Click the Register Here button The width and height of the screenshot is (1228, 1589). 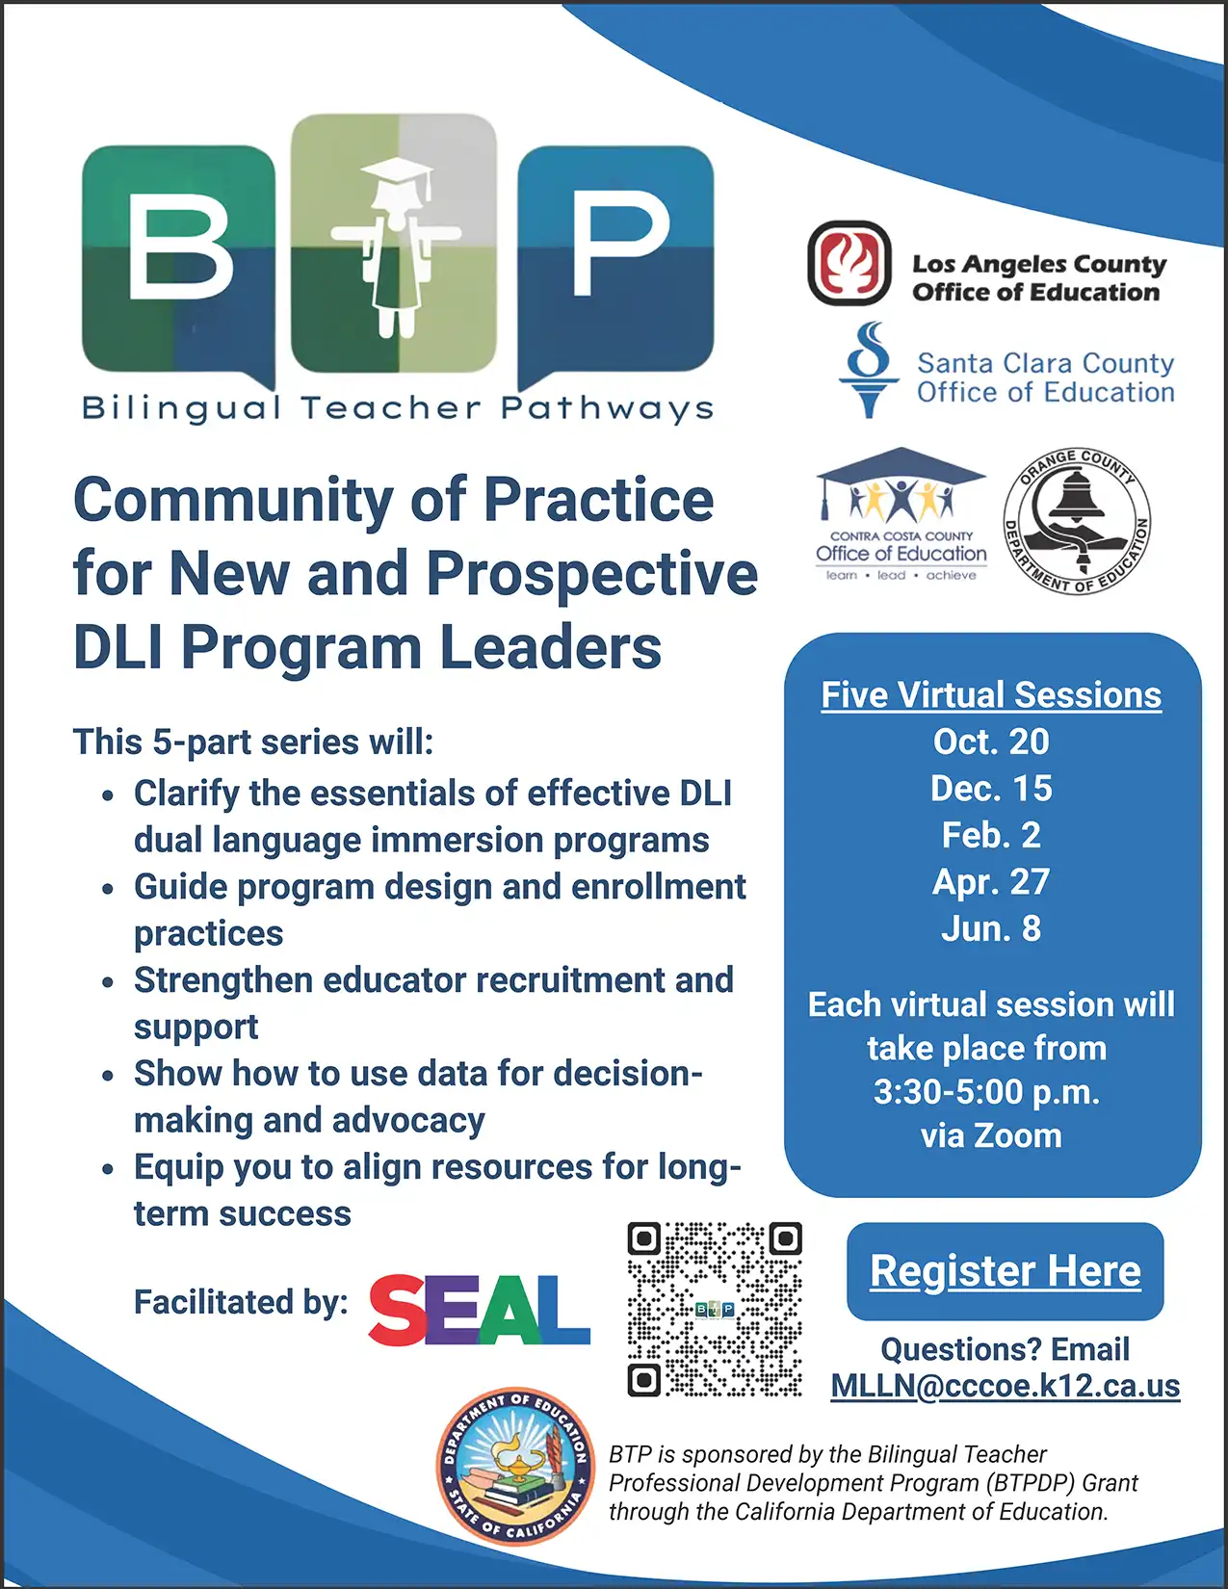(x=1005, y=1271)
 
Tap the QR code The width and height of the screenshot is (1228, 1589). (x=715, y=1309)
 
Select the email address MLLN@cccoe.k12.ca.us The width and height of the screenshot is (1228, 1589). (x=1005, y=1385)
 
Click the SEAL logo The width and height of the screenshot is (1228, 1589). (x=479, y=1310)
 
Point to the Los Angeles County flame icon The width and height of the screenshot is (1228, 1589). (x=849, y=263)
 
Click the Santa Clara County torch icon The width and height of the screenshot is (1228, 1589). (x=868, y=370)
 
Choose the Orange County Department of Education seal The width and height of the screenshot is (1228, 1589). (x=1077, y=521)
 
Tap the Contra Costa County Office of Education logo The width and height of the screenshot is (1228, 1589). (x=901, y=514)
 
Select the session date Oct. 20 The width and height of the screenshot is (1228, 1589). (x=991, y=742)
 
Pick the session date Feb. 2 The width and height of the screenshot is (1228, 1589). (x=991, y=835)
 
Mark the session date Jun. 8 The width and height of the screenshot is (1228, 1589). (x=991, y=928)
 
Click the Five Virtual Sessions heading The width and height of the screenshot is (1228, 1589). (x=991, y=694)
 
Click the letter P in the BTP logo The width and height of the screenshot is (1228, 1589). (x=618, y=244)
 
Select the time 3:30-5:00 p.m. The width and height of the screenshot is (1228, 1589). (x=986, y=1092)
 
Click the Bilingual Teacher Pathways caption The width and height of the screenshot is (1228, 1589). (x=398, y=408)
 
